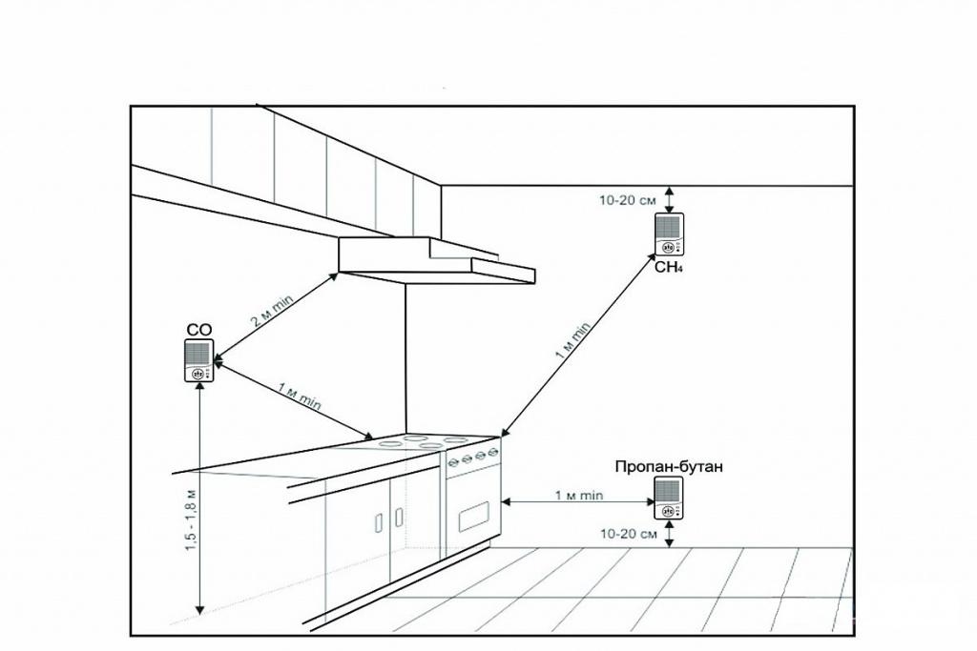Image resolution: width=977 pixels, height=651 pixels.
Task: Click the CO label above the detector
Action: [x=199, y=330]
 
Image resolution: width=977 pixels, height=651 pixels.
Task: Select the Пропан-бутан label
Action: [x=669, y=467]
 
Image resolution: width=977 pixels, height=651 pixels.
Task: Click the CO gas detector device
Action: [x=199, y=360]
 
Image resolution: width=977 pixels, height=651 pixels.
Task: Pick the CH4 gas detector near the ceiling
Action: [x=669, y=234]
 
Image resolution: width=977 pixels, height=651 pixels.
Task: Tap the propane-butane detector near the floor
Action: [x=669, y=498]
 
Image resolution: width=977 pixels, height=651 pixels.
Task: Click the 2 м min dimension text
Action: [x=272, y=313]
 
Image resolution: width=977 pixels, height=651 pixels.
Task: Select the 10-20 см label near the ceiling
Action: [x=628, y=200]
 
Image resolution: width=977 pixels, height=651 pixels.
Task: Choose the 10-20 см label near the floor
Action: [x=629, y=534]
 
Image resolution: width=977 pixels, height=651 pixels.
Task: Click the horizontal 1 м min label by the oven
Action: [x=579, y=496]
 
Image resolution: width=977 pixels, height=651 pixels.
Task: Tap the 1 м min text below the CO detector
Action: [x=299, y=397]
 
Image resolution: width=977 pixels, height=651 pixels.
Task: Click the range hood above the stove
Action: [x=437, y=261]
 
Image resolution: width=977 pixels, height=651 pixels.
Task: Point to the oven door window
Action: [x=480, y=519]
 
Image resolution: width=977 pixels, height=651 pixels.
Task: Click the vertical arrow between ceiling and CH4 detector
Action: [x=669, y=199]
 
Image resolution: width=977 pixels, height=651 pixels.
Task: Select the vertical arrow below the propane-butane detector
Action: [x=669, y=534]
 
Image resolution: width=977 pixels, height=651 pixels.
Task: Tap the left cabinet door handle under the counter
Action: [x=378, y=522]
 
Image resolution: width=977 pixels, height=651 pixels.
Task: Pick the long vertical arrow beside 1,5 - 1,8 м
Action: [x=199, y=498]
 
